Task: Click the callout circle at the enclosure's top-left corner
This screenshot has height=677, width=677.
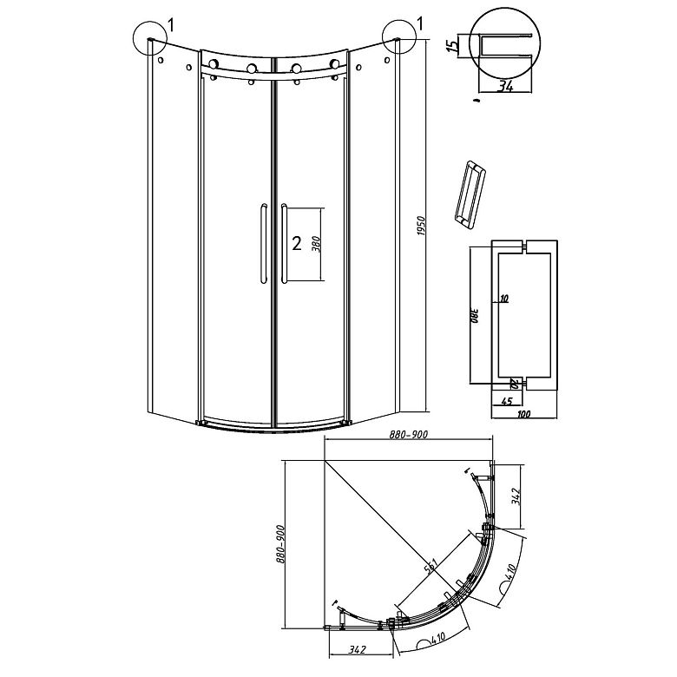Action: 151,38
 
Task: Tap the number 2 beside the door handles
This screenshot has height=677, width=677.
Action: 297,244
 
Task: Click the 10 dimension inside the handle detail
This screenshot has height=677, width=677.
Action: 504,299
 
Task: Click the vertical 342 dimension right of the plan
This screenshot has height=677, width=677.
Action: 516,497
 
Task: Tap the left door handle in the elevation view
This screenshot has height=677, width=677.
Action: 260,243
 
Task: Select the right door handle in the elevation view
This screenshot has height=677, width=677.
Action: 283,243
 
